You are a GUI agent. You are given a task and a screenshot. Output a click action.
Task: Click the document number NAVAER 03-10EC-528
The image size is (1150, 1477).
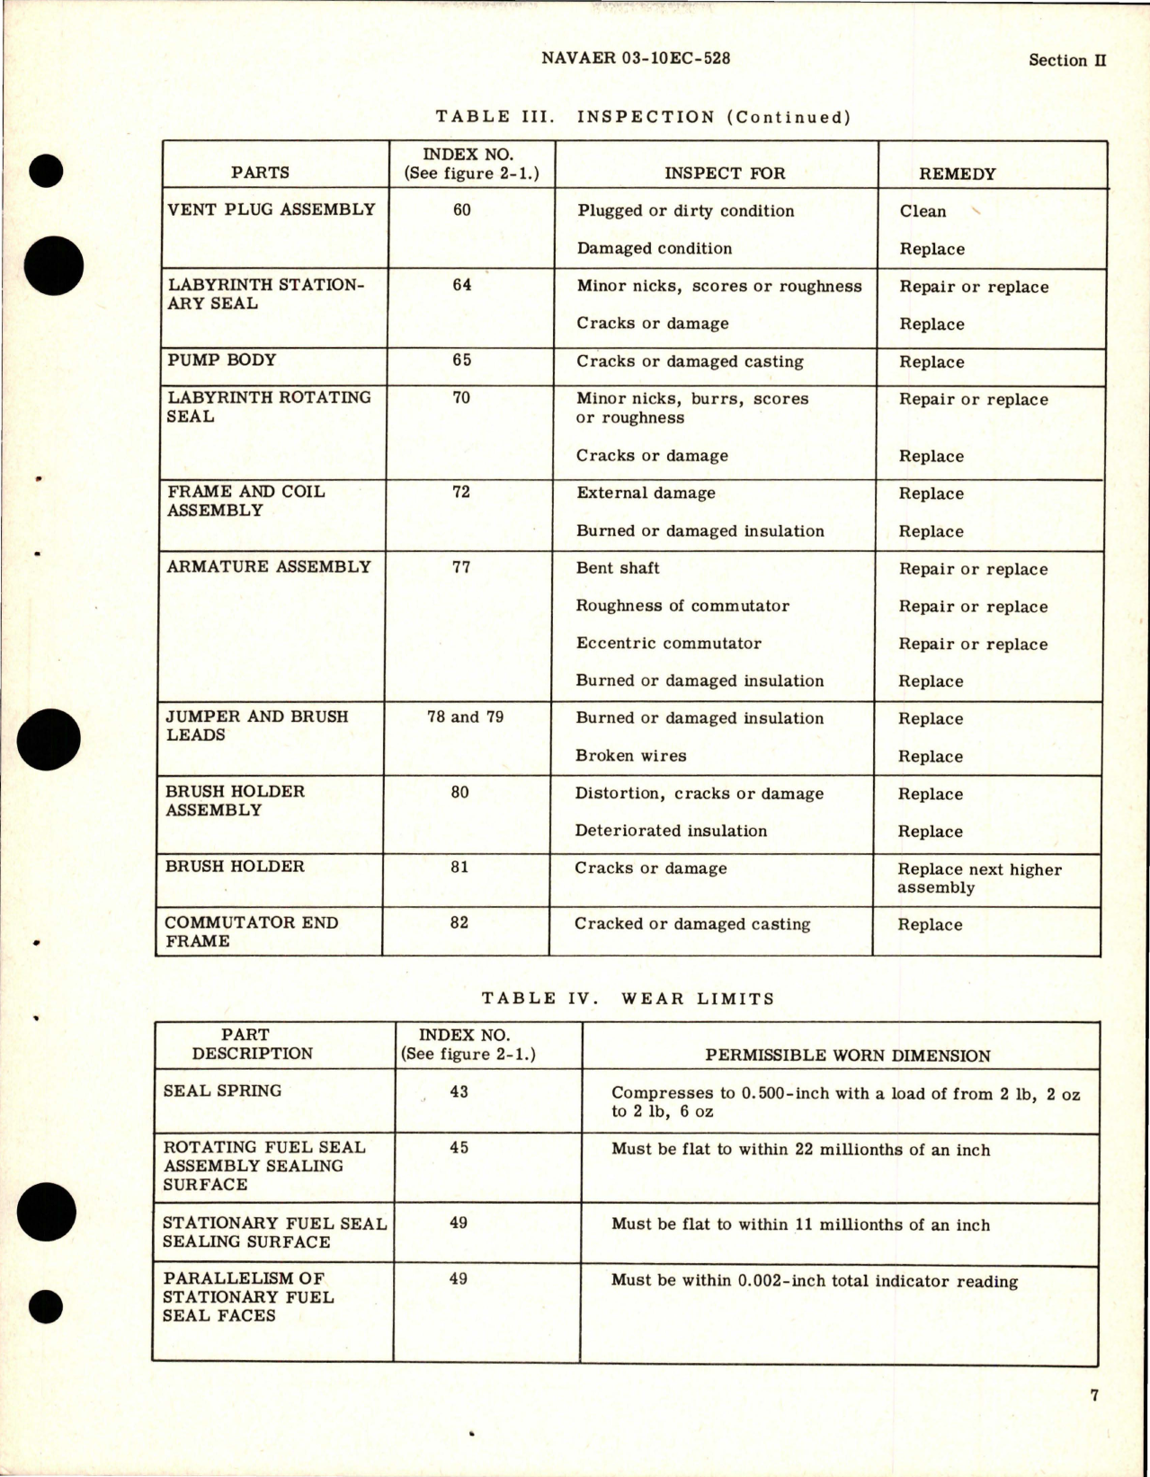click(637, 58)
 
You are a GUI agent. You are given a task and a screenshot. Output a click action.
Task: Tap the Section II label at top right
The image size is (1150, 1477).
click(1066, 60)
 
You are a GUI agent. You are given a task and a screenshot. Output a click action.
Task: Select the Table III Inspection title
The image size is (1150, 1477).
click(643, 117)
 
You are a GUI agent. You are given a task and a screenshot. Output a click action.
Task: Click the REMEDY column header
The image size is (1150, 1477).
click(957, 174)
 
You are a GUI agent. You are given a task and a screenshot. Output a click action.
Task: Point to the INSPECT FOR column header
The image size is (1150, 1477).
click(725, 174)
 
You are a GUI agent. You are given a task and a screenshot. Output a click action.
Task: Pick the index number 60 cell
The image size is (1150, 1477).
click(462, 209)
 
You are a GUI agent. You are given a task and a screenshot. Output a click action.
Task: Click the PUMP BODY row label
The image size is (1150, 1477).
click(222, 360)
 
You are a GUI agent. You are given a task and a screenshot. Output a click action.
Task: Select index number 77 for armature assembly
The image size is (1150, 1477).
click(461, 566)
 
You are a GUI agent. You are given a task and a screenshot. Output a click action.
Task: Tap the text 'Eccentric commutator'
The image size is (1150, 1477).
click(668, 644)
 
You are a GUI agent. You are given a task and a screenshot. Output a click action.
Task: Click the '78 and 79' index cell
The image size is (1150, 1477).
click(465, 716)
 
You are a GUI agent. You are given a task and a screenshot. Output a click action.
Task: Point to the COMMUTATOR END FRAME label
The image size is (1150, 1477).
click(251, 931)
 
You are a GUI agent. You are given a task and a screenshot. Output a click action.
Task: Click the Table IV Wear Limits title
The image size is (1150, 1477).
click(628, 998)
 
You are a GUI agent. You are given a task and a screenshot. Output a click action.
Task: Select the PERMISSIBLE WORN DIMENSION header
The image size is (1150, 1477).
click(848, 1055)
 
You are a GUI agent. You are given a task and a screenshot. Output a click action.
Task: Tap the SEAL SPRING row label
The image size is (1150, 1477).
click(222, 1090)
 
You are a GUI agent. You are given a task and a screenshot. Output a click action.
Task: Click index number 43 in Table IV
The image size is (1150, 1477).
click(459, 1091)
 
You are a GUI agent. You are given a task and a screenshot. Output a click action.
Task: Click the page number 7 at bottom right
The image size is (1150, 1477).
click(1094, 1395)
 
